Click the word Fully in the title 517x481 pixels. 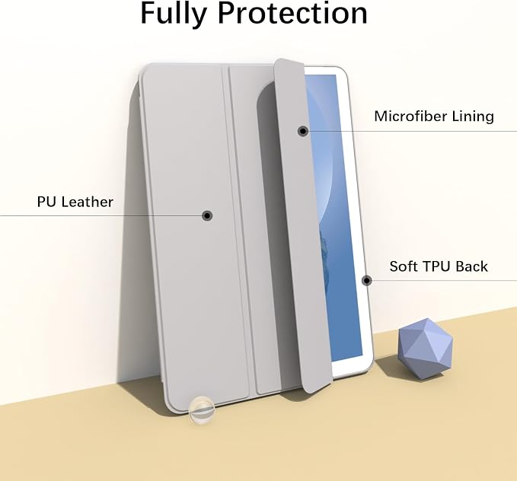(x=174, y=13)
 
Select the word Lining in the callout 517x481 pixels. (x=473, y=116)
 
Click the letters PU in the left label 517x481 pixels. (x=47, y=202)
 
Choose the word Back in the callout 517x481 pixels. (x=470, y=266)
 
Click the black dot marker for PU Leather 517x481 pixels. (x=207, y=215)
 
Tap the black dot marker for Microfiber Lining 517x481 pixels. (x=303, y=131)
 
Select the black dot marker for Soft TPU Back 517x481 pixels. (x=367, y=281)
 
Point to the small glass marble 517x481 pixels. (x=202, y=409)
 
